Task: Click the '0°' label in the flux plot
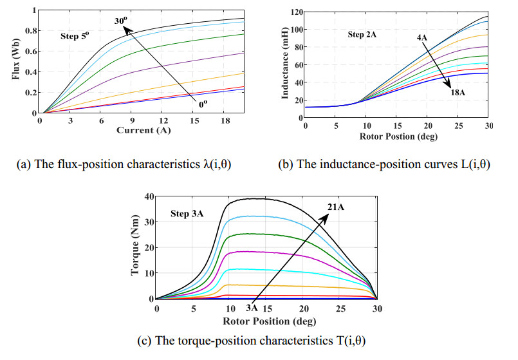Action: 203,101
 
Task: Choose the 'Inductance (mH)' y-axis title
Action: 286,64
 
